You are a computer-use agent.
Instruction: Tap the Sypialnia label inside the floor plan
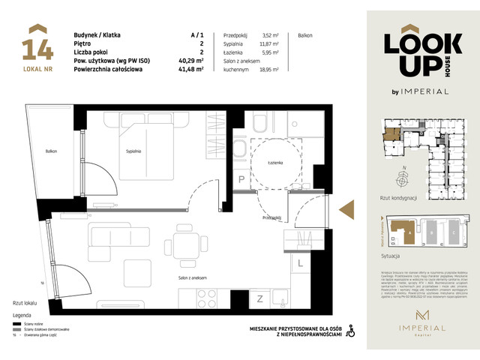[x=135, y=151]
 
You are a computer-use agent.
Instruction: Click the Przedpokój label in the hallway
[x=271, y=218]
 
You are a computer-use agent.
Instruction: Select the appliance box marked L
[x=299, y=262]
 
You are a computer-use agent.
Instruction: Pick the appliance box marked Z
[x=260, y=299]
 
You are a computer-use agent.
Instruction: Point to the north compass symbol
[x=404, y=178]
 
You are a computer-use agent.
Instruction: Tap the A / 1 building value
[x=197, y=35]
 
